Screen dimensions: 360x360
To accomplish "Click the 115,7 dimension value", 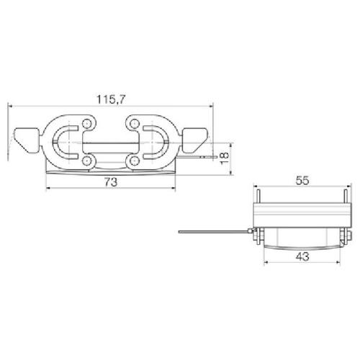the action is coord(111,99).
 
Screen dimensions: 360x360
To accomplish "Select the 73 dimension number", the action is coord(111,182).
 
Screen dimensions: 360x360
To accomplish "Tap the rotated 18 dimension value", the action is coord(225,158).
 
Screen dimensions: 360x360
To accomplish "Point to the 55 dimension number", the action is coord(302,181).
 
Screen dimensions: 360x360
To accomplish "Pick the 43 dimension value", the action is coord(302,257).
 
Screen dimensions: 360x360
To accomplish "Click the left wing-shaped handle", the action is coord(27,140).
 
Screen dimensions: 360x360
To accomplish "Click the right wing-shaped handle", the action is coord(194,140).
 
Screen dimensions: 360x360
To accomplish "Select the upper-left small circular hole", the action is coord(86,124).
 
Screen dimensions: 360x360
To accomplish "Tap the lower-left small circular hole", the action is coord(86,161).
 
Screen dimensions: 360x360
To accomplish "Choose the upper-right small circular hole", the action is coord(135,124).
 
